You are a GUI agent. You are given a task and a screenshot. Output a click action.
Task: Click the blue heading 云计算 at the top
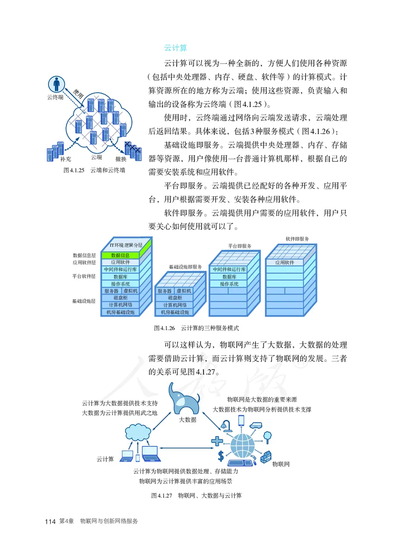pos(175,48)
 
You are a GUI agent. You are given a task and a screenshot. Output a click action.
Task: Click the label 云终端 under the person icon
pos(55,98)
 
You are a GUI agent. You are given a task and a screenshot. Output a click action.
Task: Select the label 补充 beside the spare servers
pos(65,159)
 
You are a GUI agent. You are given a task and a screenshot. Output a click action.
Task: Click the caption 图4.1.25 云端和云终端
pos(87,170)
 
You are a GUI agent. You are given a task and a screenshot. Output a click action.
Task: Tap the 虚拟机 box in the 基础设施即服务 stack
pos(182,291)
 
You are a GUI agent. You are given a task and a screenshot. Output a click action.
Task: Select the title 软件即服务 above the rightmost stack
pos(297,238)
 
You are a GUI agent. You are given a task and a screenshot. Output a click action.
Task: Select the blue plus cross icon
pos(216,440)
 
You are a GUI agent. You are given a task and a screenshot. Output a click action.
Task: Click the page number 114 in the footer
pos(50,522)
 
